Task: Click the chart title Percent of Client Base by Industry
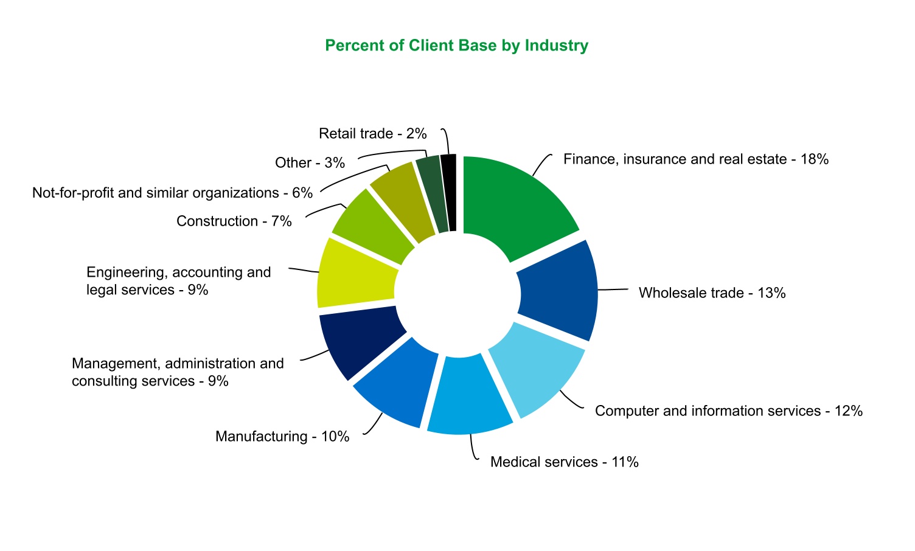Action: [x=456, y=46]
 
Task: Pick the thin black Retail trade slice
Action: [x=449, y=191]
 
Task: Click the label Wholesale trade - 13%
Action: [x=712, y=293]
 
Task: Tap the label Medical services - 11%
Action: [x=564, y=462]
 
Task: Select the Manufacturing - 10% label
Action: [x=282, y=437]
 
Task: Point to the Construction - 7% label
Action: [x=234, y=221]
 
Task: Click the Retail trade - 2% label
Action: [x=372, y=134]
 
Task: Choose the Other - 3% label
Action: [x=310, y=163]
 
